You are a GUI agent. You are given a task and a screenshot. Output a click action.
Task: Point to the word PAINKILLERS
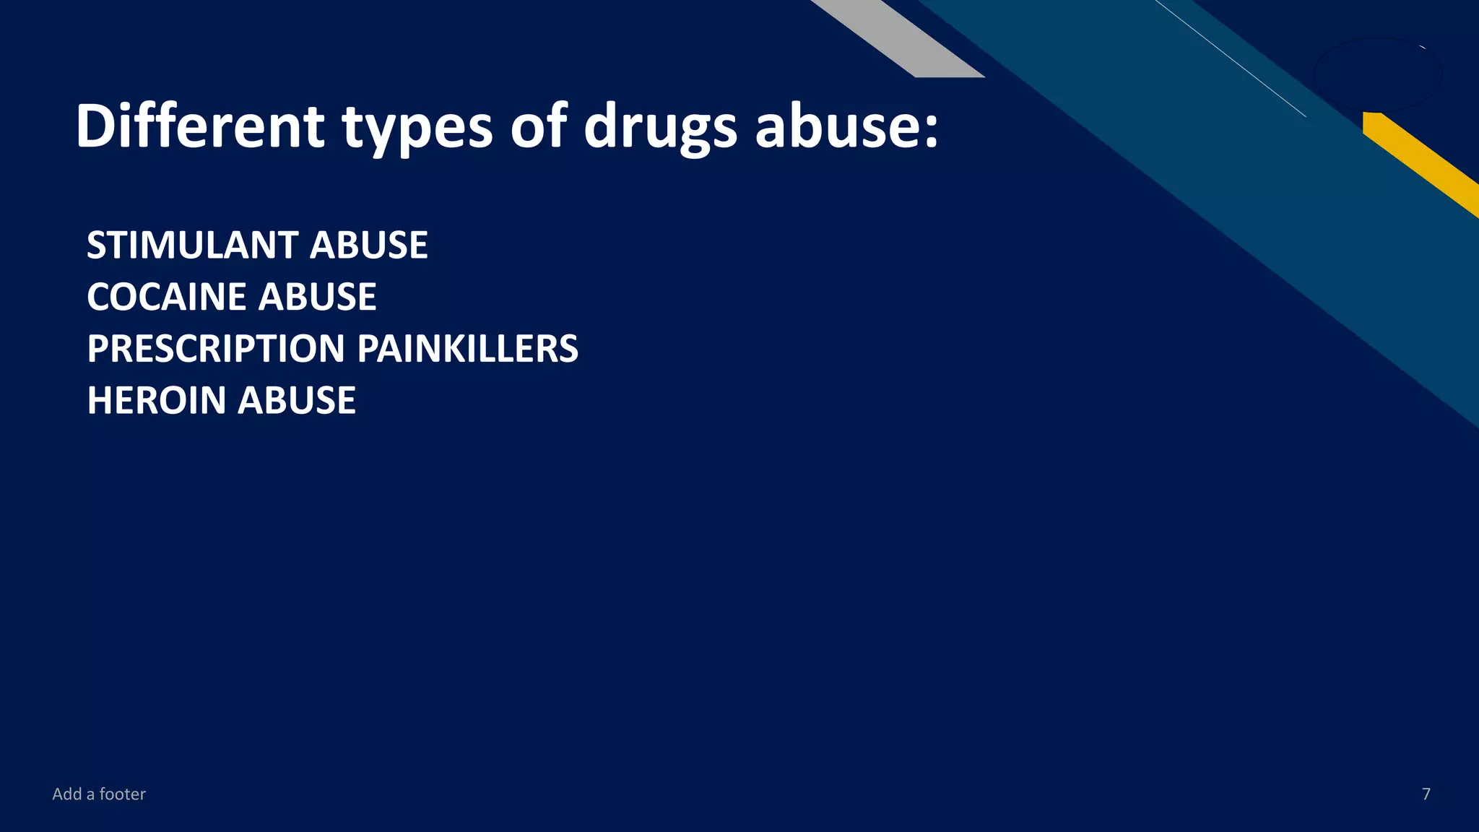(468, 349)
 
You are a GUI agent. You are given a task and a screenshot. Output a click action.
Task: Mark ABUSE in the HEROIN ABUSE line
(297, 401)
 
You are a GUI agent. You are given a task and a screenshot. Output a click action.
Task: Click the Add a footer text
(99, 794)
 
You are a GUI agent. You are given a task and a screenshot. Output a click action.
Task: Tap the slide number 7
(1426, 794)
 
